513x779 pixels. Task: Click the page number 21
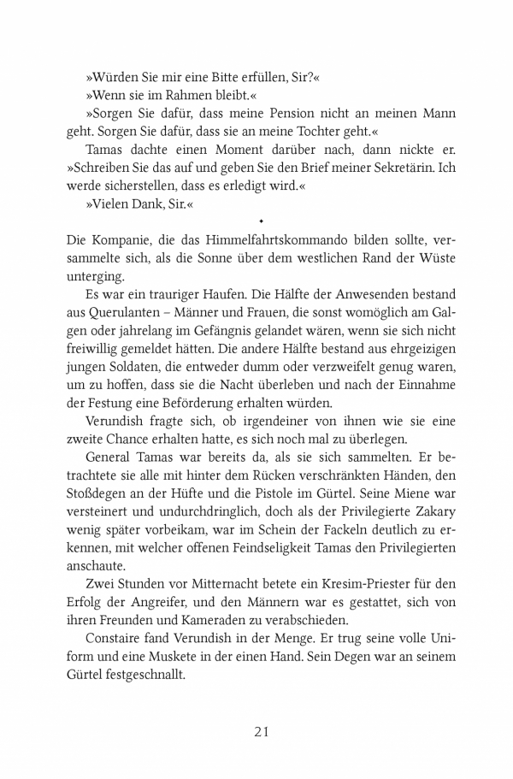click(262, 732)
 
